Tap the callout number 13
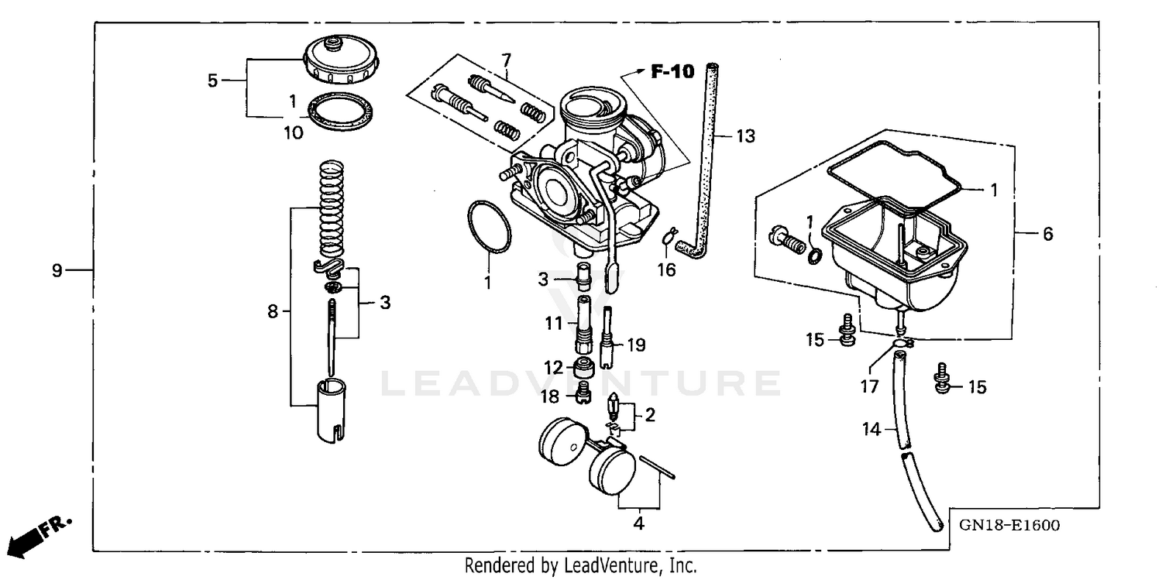(744, 136)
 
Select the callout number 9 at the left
(57, 270)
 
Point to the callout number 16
(666, 269)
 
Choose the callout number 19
(636, 345)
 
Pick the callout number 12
(552, 368)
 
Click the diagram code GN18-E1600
(1009, 526)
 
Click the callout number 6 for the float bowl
(1047, 233)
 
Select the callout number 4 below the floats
(638, 523)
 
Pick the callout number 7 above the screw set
(507, 60)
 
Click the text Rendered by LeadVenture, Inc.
(580, 566)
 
